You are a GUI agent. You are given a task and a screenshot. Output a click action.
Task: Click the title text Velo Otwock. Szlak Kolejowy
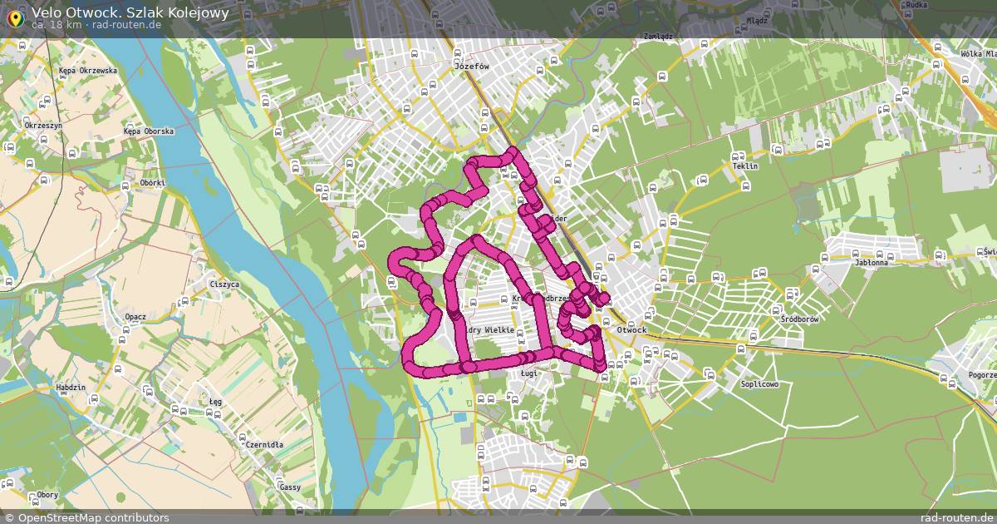130,12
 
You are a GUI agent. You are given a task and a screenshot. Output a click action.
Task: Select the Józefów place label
471,65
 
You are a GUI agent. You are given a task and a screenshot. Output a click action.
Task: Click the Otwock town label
631,330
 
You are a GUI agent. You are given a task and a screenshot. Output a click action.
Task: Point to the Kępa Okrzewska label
88,72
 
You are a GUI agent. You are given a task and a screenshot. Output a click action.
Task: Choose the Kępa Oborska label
148,131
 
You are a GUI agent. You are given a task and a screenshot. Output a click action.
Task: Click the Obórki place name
153,183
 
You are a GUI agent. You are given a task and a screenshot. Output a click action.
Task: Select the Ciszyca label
224,284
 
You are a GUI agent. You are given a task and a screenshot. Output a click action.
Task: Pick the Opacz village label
135,317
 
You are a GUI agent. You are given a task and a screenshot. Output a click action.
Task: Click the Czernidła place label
264,445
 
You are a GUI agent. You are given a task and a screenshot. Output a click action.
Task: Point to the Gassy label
290,487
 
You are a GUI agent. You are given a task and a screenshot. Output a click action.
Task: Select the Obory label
47,495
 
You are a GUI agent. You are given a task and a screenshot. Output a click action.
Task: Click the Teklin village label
745,166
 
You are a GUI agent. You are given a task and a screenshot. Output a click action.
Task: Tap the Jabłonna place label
871,263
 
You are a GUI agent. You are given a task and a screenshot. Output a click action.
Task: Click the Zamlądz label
657,37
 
